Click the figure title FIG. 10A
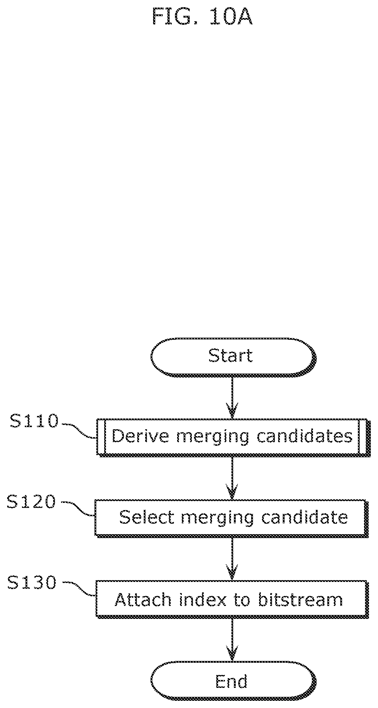point(202,17)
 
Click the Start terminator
point(233,357)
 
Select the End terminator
point(233,681)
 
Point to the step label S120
point(32,502)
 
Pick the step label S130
point(32,583)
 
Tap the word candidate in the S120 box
point(305,517)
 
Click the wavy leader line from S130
point(78,590)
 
